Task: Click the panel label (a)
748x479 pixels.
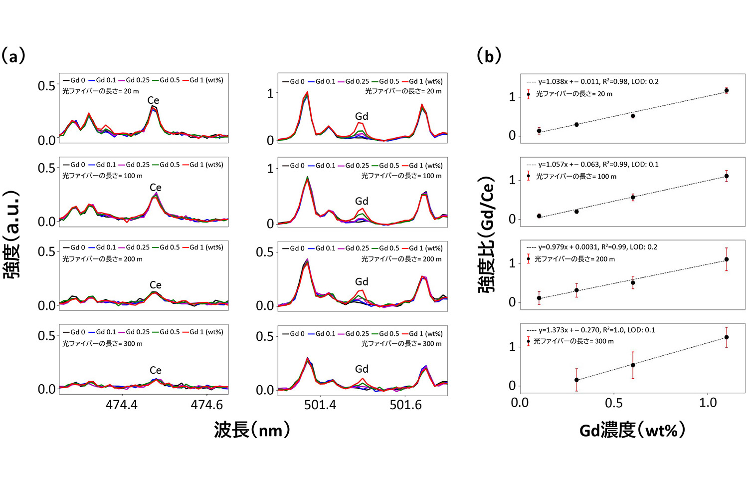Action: click(13, 56)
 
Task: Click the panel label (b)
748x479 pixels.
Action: click(489, 56)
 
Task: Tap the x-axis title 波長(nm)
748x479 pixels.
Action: click(252, 429)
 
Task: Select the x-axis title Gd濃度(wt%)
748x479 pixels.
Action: click(632, 429)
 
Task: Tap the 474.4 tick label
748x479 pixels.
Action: click(122, 405)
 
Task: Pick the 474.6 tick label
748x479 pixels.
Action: click(207, 405)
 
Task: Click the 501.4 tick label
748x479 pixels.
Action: click(320, 405)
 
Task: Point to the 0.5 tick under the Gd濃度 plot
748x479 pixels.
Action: click(614, 403)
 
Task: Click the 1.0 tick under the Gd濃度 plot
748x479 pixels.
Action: click(708, 403)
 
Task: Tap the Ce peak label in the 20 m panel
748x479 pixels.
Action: click(153, 100)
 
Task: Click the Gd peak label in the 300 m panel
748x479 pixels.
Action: click(362, 369)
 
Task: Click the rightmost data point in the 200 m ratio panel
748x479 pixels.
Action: click(727, 259)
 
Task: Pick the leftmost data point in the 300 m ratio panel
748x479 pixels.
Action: click(576, 380)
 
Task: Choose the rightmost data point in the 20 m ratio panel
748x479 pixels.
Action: click(727, 91)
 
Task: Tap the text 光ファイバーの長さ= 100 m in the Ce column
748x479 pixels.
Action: click(102, 176)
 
